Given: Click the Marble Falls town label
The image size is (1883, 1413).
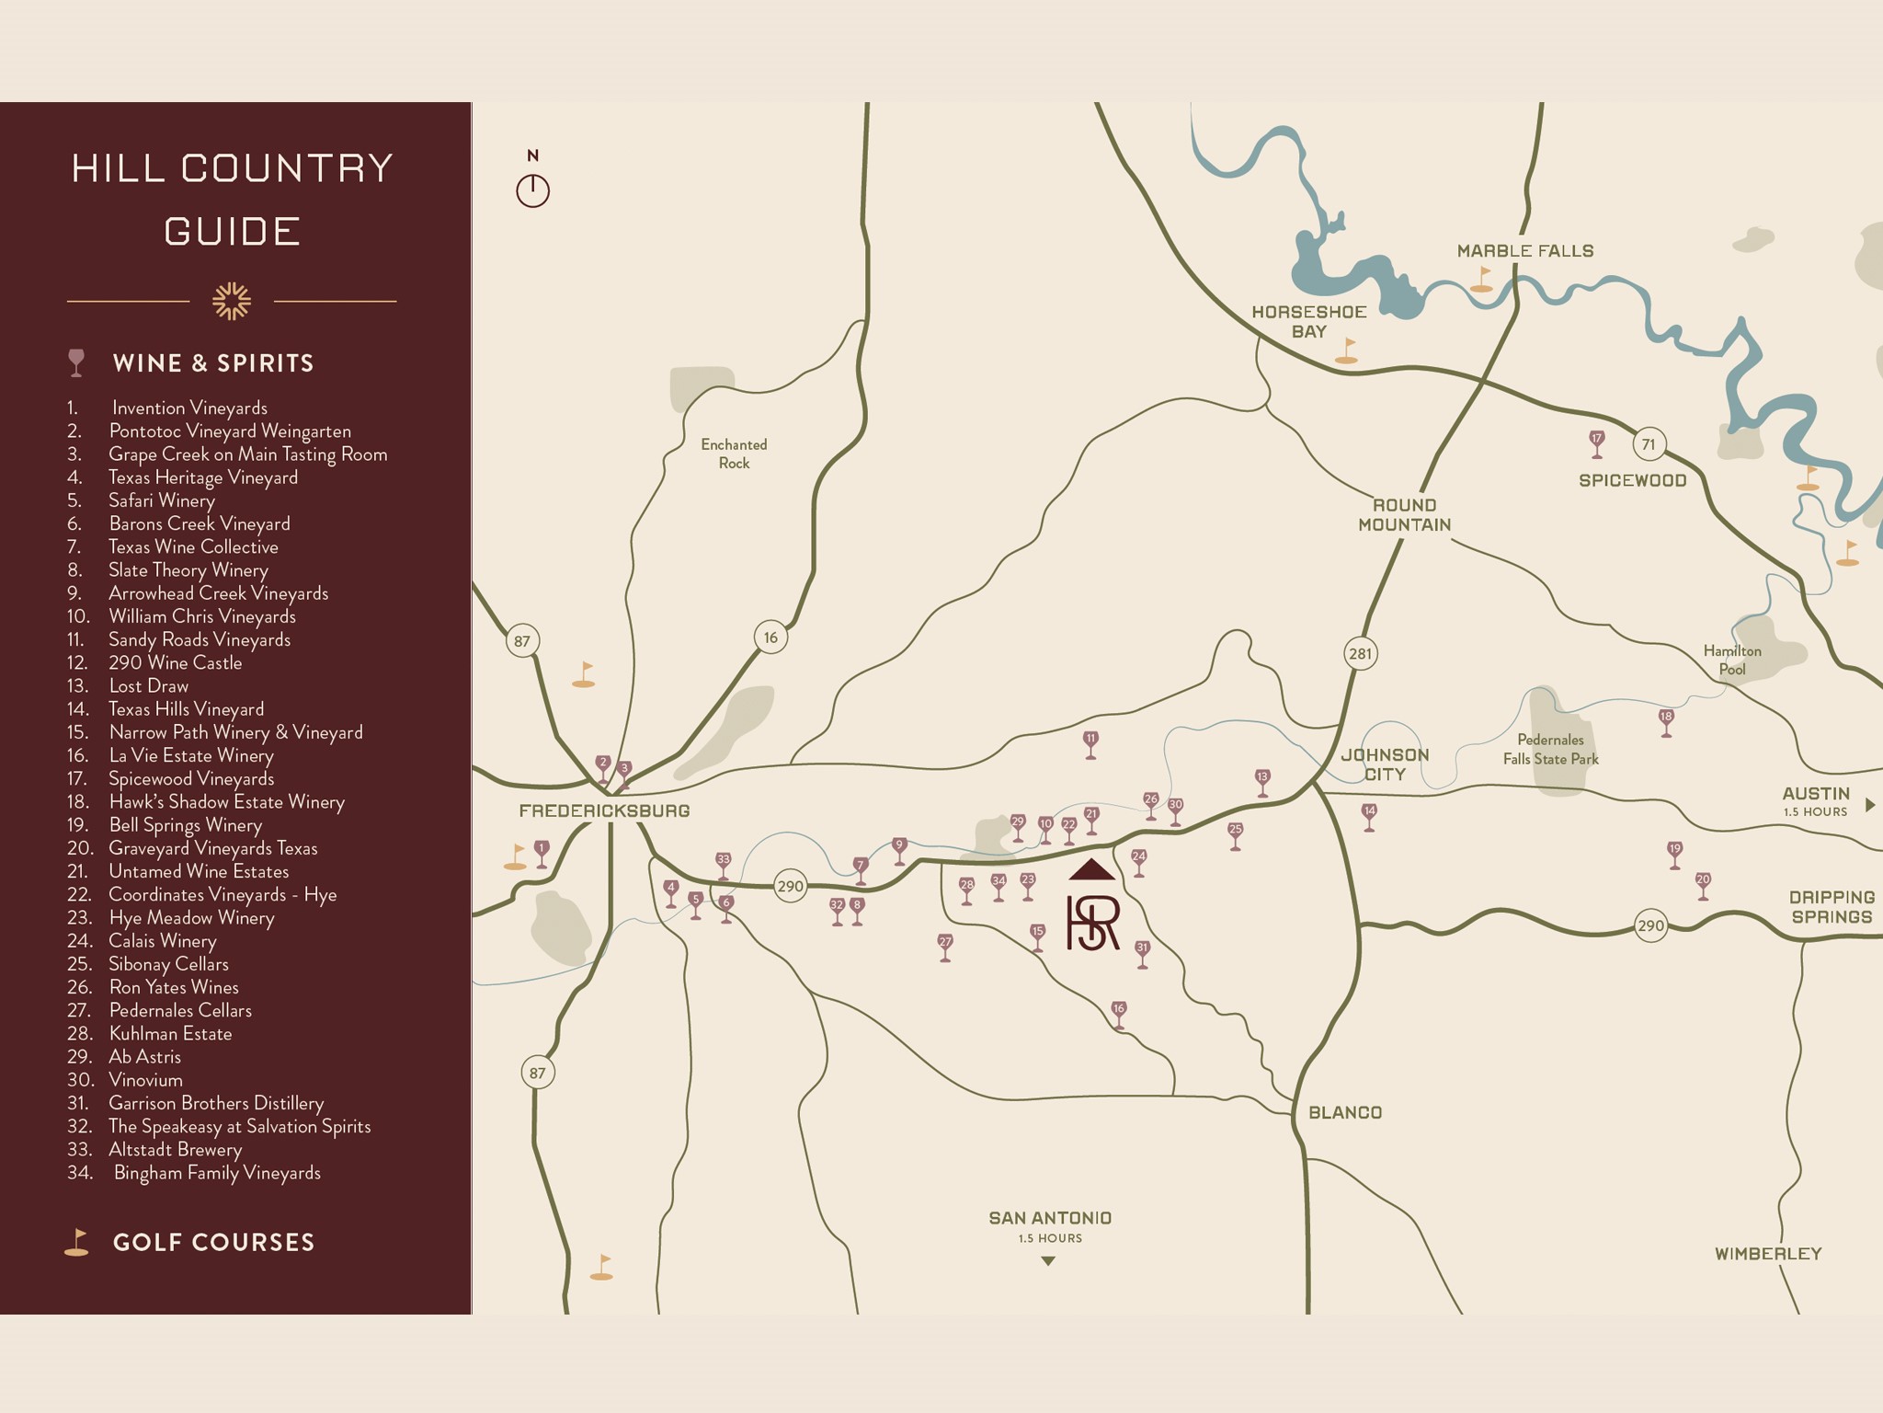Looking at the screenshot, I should (1524, 251).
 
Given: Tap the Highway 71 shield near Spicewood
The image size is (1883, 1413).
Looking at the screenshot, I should (1649, 444).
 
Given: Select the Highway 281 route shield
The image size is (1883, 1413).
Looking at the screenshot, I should (1360, 654).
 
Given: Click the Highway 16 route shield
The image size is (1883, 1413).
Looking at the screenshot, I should (770, 638).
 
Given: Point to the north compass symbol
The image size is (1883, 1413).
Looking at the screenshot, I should (532, 190).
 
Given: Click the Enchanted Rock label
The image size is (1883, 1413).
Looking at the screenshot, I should (734, 454).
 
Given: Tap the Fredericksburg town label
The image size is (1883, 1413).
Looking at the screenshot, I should (604, 810).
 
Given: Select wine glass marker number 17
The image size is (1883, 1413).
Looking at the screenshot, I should (1597, 442).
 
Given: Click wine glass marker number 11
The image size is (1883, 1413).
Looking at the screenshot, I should (1090, 742).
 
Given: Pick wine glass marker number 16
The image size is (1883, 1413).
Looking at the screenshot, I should (1118, 1013).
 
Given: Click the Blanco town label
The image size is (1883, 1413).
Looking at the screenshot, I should (1345, 1112).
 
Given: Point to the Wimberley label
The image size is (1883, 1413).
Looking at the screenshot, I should (1767, 1253).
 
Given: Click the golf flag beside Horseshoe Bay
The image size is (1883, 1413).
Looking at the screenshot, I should (1347, 350).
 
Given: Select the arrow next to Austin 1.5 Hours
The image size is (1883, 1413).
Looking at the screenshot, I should (1869, 805).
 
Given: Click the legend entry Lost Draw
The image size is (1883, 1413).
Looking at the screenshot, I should (148, 686).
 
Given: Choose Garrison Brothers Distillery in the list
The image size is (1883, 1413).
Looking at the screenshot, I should (216, 1103).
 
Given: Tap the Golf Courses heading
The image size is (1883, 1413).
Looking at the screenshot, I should (213, 1242).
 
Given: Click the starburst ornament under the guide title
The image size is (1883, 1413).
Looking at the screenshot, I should (232, 301).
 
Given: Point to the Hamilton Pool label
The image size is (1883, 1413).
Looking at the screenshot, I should (1731, 660).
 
